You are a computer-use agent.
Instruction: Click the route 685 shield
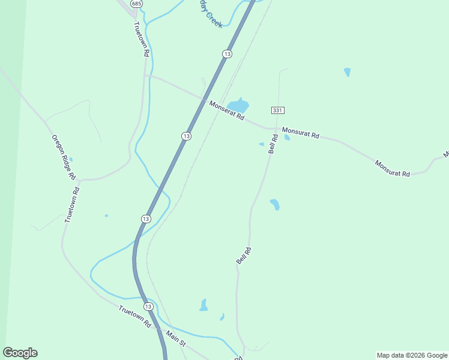pyautogui.click(x=137, y=4)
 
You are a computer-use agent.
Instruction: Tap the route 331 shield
pyautogui.click(x=277, y=110)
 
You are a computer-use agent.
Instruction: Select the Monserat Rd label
pyautogui.click(x=226, y=110)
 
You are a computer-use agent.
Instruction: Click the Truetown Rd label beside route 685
pyautogui.click(x=141, y=39)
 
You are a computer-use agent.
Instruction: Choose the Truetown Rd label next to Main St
pyautogui.click(x=135, y=317)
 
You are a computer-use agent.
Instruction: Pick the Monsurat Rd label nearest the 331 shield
pyautogui.click(x=301, y=132)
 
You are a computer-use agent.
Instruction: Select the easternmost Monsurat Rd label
pyautogui.click(x=392, y=168)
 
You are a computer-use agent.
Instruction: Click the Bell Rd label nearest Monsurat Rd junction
pyautogui.click(x=273, y=144)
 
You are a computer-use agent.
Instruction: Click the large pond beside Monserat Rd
pyautogui.click(x=238, y=106)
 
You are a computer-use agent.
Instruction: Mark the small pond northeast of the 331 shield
pyautogui.click(x=347, y=72)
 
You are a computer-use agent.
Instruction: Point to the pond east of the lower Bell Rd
pyautogui.click(x=274, y=204)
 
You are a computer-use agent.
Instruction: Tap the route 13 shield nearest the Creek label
pyautogui.click(x=226, y=54)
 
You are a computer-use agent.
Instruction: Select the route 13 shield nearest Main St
pyautogui.click(x=148, y=307)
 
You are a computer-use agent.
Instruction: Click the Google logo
pyautogui.click(x=20, y=353)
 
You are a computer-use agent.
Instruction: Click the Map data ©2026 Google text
pyautogui.click(x=412, y=355)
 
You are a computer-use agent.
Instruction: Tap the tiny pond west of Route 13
pyautogui.click(x=106, y=215)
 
